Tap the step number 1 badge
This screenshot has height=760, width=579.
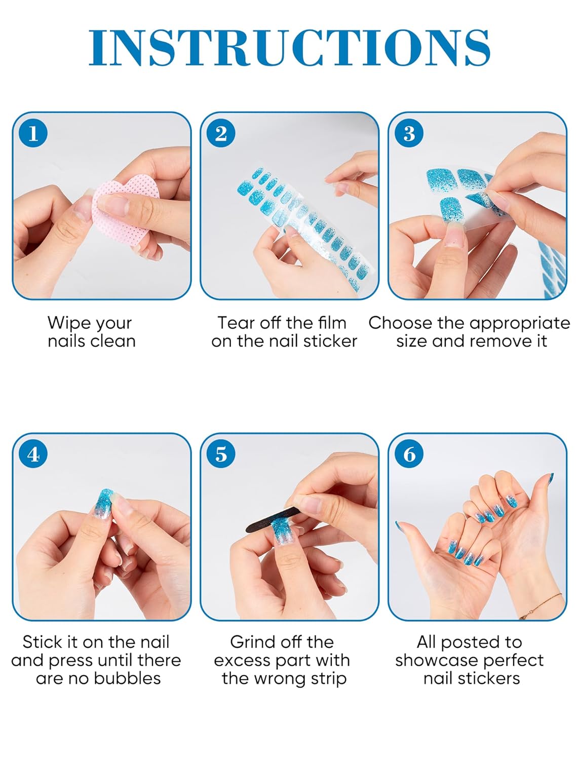(x=33, y=134)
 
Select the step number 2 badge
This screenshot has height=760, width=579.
(x=221, y=134)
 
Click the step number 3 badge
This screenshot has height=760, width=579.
(x=409, y=134)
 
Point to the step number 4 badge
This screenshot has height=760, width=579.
(x=33, y=454)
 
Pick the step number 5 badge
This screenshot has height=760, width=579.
(x=221, y=454)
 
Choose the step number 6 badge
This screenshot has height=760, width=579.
(x=409, y=454)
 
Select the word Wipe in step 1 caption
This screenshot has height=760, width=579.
(x=68, y=323)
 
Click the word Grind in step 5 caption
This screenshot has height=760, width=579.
(x=253, y=642)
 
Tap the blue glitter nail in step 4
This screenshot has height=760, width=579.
(x=104, y=502)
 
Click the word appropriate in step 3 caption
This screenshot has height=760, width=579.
(x=522, y=324)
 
